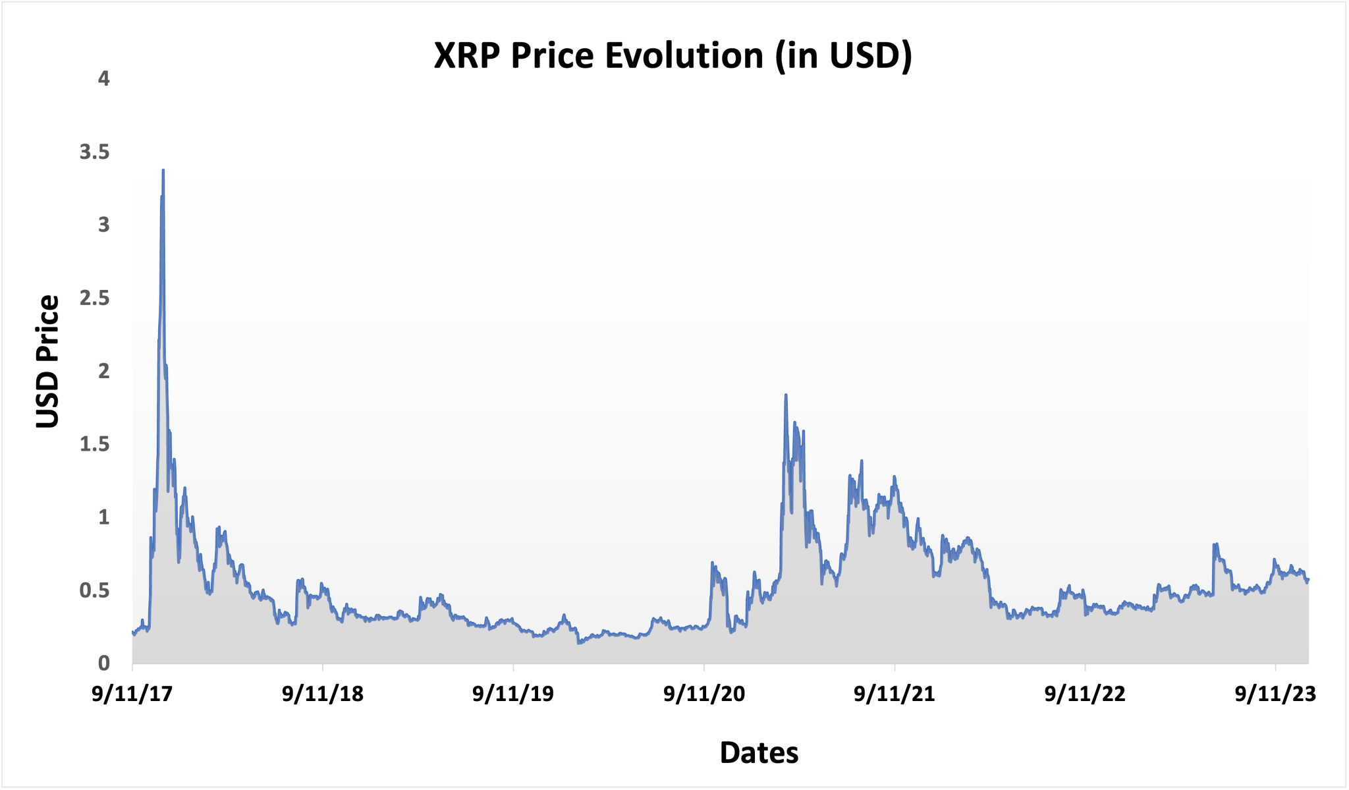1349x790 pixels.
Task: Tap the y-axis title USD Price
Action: point(47,361)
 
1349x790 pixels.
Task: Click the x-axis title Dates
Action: point(759,752)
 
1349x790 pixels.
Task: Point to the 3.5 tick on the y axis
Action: point(94,152)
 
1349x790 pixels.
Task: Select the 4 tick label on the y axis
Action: point(103,79)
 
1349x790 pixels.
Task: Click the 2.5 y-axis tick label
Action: point(94,298)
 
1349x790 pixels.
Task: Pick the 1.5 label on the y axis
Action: point(94,445)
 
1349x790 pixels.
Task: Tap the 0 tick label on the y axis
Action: point(103,663)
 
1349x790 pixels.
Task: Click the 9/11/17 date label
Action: point(132,694)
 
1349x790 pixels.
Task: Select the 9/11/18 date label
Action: point(323,694)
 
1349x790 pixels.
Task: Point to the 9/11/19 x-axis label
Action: point(513,694)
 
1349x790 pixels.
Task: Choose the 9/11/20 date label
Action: point(704,694)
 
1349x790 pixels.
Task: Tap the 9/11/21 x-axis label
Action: point(895,694)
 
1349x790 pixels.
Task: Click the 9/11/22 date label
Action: point(1085,694)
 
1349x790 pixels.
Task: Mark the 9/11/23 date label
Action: point(1275,694)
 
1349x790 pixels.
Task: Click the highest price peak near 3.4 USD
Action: point(163,171)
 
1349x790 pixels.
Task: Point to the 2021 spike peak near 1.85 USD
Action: point(785,395)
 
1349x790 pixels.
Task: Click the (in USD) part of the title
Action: point(843,55)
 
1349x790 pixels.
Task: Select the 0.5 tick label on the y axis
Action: point(94,590)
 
